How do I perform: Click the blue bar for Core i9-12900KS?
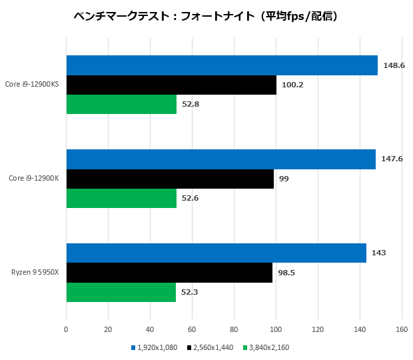(x=222, y=65)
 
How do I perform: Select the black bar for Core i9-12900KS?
(x=171, y=85)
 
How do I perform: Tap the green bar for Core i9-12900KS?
(x=121, y=104)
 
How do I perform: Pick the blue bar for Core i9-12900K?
(x=220, y=159)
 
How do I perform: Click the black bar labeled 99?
(x=170, y=179)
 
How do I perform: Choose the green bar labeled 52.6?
(x=121, y=198)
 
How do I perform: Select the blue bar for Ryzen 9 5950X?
(x=216, y=253)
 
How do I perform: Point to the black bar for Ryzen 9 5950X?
(x=169, y=273)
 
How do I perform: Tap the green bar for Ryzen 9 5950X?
(x=121, y=292)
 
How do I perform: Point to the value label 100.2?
(x=292, y=85)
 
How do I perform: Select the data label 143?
(x=378, y=253)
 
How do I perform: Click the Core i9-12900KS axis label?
(x=32, y=85)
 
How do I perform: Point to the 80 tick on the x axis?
(x=234, y=329)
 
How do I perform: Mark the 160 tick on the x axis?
(x=402, y=329)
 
